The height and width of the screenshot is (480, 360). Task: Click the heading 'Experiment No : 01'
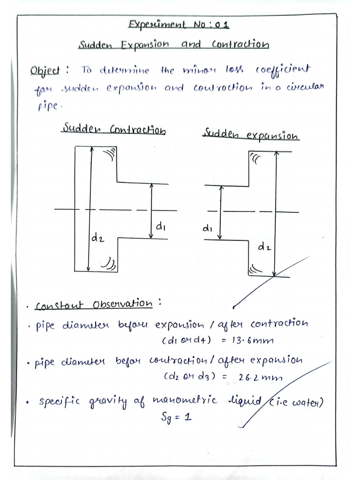tap(179, 25)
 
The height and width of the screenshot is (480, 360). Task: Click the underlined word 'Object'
tap(45, 71)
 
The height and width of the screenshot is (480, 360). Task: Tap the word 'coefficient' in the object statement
tap(283, 70)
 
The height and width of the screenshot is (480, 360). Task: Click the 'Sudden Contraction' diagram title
tap(115, 129)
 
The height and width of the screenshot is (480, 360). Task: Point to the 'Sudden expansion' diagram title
tap(251, 135)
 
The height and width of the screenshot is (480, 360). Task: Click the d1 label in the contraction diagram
tap(161, 227)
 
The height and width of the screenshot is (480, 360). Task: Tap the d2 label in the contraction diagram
tap(98, 239)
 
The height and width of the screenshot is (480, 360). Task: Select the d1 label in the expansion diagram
tap(208, 229)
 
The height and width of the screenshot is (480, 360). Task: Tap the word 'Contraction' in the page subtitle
tap(240, 45)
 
